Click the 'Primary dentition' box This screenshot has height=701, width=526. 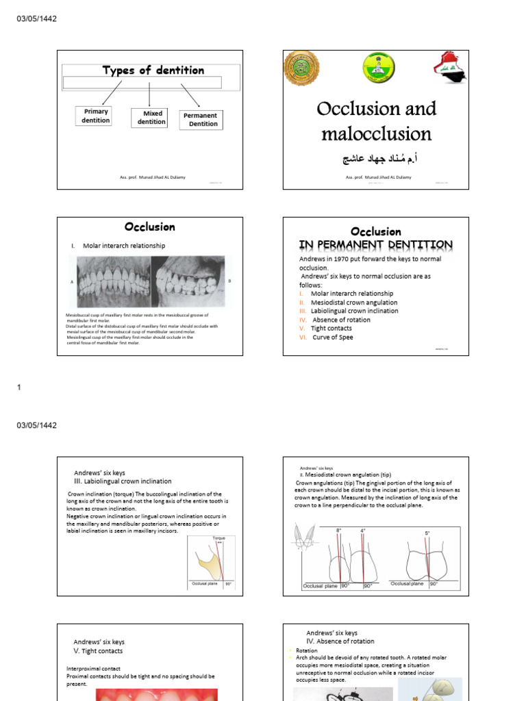96,116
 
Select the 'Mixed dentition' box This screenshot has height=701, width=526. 151,118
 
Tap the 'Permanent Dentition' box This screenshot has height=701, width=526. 199,120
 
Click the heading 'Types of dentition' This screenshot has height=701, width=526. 153,70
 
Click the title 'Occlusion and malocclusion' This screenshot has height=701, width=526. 376,121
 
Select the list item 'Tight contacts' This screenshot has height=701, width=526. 331,328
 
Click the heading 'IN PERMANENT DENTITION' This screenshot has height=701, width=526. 375,244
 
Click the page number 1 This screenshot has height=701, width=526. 19,387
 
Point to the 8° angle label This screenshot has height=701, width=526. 338,531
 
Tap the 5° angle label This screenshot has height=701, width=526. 427,533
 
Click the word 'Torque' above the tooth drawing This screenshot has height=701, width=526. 219,538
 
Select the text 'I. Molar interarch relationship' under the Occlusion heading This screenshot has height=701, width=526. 123,245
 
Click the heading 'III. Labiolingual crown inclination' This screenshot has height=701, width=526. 123,481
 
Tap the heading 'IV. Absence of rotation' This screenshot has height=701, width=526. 340,641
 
